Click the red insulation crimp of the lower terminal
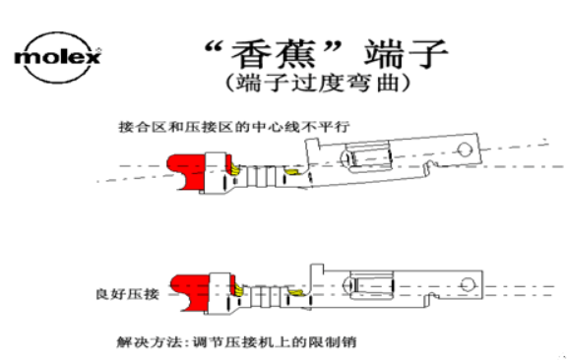(187, 289)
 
